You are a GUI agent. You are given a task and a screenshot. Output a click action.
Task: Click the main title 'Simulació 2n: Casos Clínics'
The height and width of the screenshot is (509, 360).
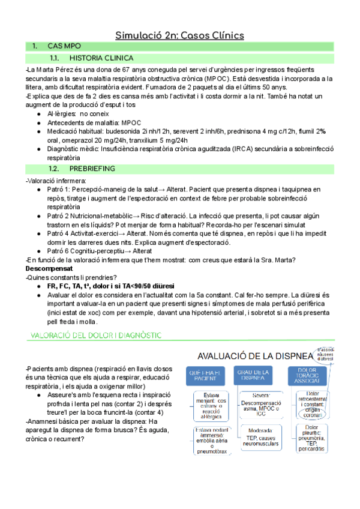tap(179, 35)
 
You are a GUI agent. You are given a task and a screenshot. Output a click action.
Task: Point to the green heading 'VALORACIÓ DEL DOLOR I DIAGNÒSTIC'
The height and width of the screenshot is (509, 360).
tap(91, 334)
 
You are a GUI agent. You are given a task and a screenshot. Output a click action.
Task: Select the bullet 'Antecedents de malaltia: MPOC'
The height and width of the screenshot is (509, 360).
tap(85, 122)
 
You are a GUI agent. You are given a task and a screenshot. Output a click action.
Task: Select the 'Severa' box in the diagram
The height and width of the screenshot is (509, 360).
tap(257, 404)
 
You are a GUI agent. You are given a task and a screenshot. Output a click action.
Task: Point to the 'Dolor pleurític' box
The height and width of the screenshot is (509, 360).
tap(307, 438)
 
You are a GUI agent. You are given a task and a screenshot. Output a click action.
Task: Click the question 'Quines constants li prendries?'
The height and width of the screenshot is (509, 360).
tap(63, 277)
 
